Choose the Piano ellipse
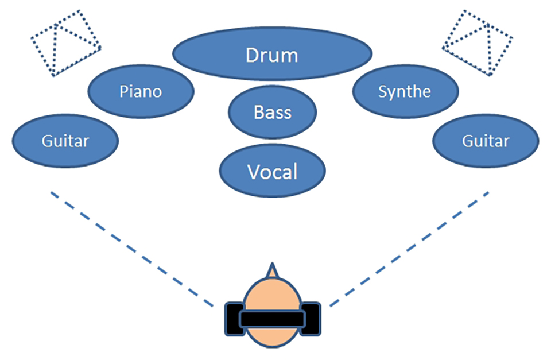coord(115,103)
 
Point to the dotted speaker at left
coord(65,43)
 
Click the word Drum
coord(272,56)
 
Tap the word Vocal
coord(273,171)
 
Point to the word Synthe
coord(405,91)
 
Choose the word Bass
coord(273,112)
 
